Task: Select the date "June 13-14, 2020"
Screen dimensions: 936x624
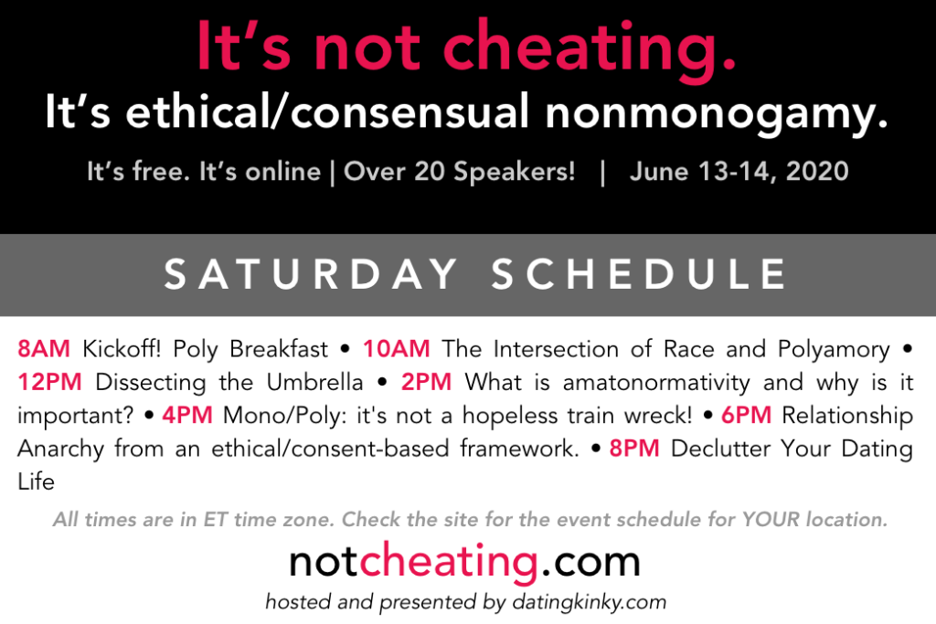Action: (x=739, y=172)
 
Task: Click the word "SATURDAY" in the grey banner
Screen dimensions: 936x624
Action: (x=311, y=274)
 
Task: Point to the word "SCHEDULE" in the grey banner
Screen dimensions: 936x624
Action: (x=639, y=274)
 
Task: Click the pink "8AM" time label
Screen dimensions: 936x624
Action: (x=44, y=348)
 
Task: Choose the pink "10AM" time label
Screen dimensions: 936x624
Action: (x=397, y=348)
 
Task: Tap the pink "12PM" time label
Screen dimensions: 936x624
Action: (x=49, y=382)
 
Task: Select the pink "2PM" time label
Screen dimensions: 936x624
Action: (x=426, y=382)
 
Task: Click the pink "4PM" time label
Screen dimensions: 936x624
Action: (x=187, y=415)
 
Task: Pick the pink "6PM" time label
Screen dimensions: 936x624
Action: (x=746, y=415)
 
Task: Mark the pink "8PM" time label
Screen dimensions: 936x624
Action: (x=634, y=449)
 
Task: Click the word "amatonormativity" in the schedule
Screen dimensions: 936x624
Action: (x=656, y=382)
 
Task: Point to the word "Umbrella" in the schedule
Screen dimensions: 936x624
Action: (x=314, y=382)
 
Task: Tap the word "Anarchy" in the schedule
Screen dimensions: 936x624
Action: (x=61, y=449)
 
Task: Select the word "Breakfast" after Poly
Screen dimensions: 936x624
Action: (x=279, y=348)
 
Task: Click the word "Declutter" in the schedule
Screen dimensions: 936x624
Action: (x=720, y=449)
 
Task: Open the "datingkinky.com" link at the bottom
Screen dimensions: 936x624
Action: (x=590, y=602)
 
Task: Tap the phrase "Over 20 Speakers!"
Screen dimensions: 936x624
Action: (x=459, y=172)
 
